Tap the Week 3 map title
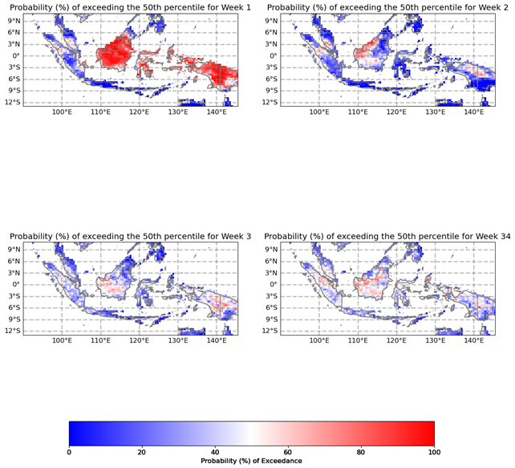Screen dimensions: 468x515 (x=130, y=236)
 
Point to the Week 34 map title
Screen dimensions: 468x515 (x=389, y=236)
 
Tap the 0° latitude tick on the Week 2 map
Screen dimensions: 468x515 (x=278, y=56)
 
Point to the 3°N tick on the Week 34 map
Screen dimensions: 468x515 (x=275, y=272)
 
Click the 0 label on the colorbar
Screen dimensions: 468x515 (x=69, y=452)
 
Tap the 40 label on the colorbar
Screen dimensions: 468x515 (x=215, y=452)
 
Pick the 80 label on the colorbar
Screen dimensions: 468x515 (x=361, y=452)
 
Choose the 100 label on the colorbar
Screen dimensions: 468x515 (x=434, y=452)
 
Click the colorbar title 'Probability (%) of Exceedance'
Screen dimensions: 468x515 (x=251, y=461)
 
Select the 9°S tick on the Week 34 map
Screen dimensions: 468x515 (x=275, y=319)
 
